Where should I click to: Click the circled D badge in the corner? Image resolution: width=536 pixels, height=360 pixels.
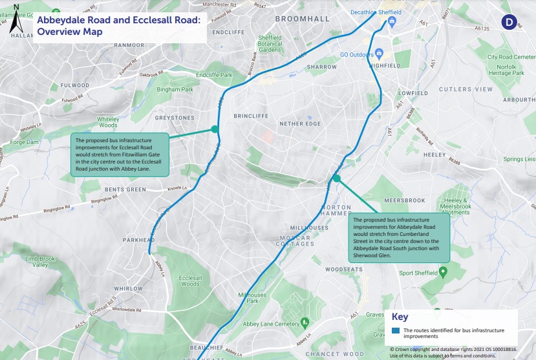[x=508, y=22]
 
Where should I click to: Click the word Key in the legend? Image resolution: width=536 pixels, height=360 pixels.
[x=400, y=317]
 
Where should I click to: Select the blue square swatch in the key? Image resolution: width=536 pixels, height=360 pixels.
[x=396, y=331]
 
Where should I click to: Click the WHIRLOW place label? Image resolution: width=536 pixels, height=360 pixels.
[x=129, y=289]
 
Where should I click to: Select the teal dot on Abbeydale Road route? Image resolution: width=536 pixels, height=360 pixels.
[x=337, y=177]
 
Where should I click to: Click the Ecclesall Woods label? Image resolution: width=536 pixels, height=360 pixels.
[x=190, y=281]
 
